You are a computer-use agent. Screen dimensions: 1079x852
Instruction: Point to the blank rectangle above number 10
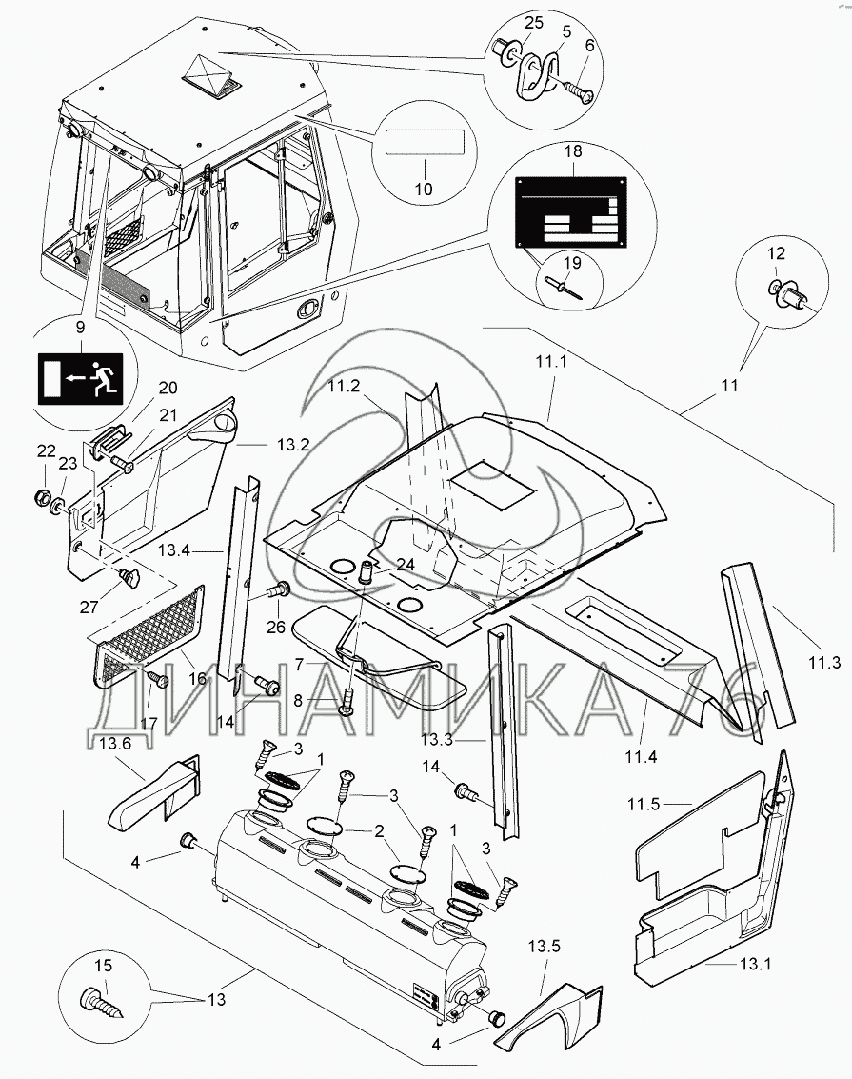(x=425, y=146)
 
